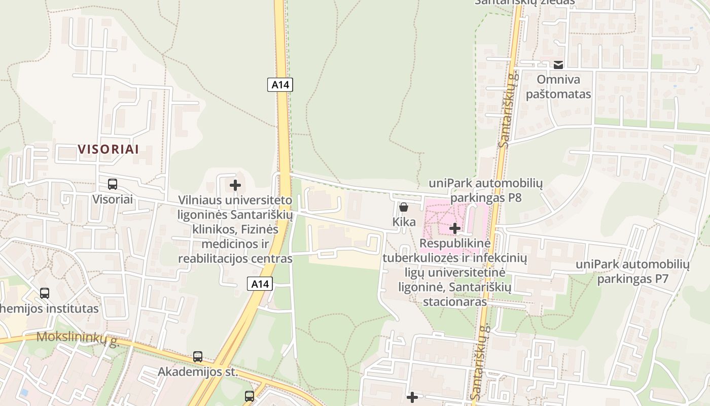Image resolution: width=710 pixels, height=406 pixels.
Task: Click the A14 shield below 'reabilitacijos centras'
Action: click(x=260, y=284)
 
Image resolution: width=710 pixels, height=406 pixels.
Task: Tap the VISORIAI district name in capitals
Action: click(x=108, y=149)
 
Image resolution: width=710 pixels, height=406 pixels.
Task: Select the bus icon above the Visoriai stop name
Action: click(x=113, y=184)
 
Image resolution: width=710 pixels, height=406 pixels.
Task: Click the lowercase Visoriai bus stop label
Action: click(x=113, y=199)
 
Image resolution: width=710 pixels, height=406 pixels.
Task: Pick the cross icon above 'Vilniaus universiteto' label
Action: click(x=235, y=185)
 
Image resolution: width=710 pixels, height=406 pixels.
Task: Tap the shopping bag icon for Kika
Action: click(x=404, y=207)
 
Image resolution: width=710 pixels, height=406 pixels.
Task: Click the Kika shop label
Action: click(x=404, y=222)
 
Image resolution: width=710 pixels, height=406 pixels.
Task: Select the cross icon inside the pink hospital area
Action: click(x=455, y=228)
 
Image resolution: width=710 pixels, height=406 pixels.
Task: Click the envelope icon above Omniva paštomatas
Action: click(x=558, y=64)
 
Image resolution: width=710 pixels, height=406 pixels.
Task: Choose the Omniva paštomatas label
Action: click(x=558, y=87)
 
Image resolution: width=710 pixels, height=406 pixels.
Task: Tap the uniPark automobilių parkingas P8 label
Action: click(x=486, y=190)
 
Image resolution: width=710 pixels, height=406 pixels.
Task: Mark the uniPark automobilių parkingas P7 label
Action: click(x=632, y=272)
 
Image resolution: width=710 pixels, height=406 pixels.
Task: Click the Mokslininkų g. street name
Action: click(x=78, y=338)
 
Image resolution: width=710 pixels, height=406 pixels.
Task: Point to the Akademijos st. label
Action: click(x=198, y=371)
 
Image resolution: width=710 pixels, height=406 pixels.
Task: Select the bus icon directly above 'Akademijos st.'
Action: click(x=198, y=357)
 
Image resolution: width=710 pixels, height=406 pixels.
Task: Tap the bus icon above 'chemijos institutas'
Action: click(x=45, y=293)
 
